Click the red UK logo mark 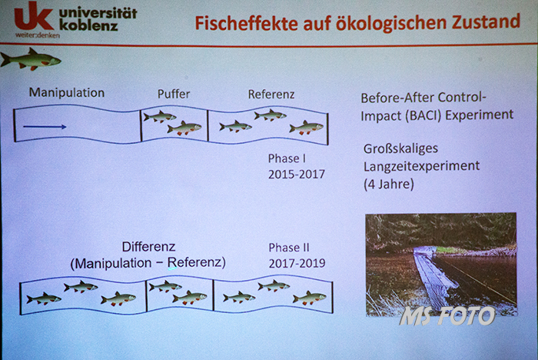(x=34, y=16)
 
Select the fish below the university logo (x=31, y=59)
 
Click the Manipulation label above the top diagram (x=67, y=93)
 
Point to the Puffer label (x=174, y=94)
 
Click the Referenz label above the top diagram (x=271, y=95)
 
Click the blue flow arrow (x=45, y=127)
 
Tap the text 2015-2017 (x=297, y=175)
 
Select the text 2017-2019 (x=297, y=264)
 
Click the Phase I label (x=287, y=158)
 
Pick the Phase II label (x=289, y=248)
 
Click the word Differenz (x=148, y=247)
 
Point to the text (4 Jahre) (x=389, y=184)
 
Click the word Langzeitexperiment (x=421, y=167)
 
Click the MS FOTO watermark (x=447, y=315)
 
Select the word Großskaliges (x=400, y=148)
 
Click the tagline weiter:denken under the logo (x=38, y=35)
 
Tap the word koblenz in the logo (x=88, y=25)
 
